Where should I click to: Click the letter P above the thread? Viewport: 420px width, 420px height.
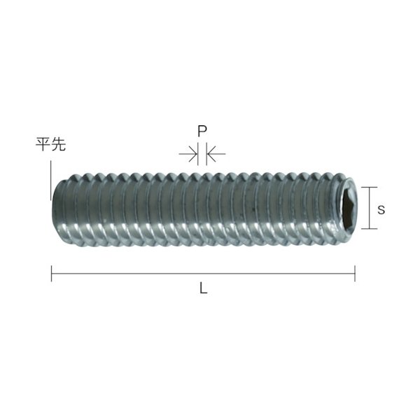[202, 131]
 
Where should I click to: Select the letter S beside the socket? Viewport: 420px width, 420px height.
[379, 209]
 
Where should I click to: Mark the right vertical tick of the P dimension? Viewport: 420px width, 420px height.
[205, 153]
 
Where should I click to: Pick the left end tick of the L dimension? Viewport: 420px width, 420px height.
[51, 273]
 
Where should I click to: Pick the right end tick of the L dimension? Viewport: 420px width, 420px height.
[355, 273]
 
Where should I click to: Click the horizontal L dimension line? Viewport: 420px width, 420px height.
[203, 273]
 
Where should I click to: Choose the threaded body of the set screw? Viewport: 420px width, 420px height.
[203, 208]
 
